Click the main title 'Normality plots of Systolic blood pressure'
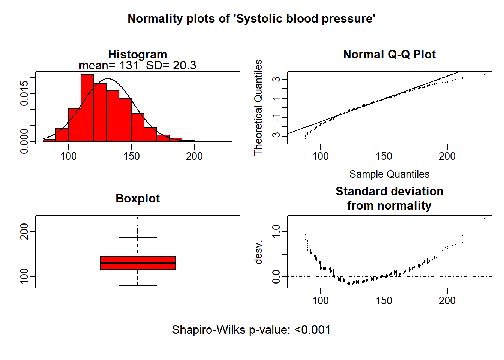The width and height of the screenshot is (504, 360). (252, 18)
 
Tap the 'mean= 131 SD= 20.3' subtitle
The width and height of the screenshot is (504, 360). (137, 65)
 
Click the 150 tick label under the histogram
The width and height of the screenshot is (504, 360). (131, 156)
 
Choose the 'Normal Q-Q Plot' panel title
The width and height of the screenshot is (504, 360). (389, 54)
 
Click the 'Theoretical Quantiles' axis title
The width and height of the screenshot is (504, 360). (258, 107)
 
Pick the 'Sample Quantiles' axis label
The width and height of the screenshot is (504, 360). (389, 174)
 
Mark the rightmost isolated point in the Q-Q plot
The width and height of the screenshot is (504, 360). (484, 74)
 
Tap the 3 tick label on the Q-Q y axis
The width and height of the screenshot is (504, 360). (276, 79)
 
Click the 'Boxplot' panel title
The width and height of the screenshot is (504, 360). (138, 198)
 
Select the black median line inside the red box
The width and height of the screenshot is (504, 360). (138, 263)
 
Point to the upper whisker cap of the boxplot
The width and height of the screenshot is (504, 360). (138, 238)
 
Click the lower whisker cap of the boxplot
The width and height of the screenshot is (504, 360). (138, 285)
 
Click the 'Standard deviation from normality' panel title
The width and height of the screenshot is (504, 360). (389, 198)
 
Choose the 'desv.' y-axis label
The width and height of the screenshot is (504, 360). (258, 252)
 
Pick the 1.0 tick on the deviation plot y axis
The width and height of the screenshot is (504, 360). (276, 232)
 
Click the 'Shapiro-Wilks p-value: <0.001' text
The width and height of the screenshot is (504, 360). (251, 330)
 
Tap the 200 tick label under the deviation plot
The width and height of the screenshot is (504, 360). (447, 300)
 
